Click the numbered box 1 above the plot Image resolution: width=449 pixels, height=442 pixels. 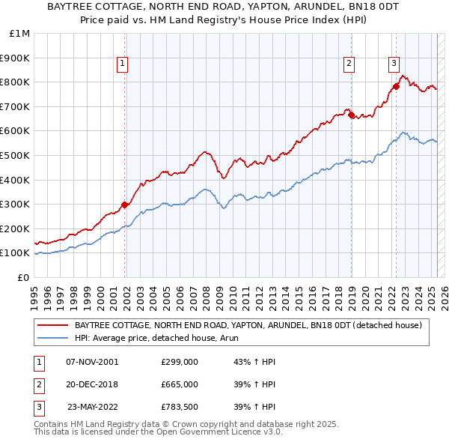[121, 64]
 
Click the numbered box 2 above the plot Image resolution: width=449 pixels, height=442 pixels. [349, 64]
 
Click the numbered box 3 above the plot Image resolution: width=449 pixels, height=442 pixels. [394, 64]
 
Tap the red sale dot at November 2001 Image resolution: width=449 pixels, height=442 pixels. [125, 204]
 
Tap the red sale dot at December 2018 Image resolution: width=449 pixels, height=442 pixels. [351, 115]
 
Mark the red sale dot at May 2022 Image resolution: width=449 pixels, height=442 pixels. [397, 85]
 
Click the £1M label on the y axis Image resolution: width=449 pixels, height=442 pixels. [19, 33]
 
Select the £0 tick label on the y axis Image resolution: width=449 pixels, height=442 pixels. [23, 277]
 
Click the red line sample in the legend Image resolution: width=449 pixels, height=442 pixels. [52, 325]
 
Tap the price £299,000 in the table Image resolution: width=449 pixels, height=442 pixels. [179, 362]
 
